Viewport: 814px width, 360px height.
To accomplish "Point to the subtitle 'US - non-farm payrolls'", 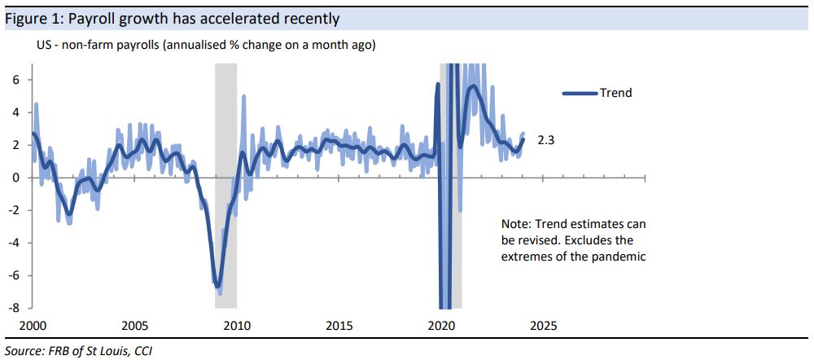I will coord(98,46).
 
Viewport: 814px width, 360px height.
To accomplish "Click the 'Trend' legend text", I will coord(615,93).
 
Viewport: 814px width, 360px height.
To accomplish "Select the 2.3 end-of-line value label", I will coord(546,141).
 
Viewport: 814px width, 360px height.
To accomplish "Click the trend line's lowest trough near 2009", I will coord(217,286).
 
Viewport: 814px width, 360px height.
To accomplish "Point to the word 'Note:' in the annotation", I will coord(517,224).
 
